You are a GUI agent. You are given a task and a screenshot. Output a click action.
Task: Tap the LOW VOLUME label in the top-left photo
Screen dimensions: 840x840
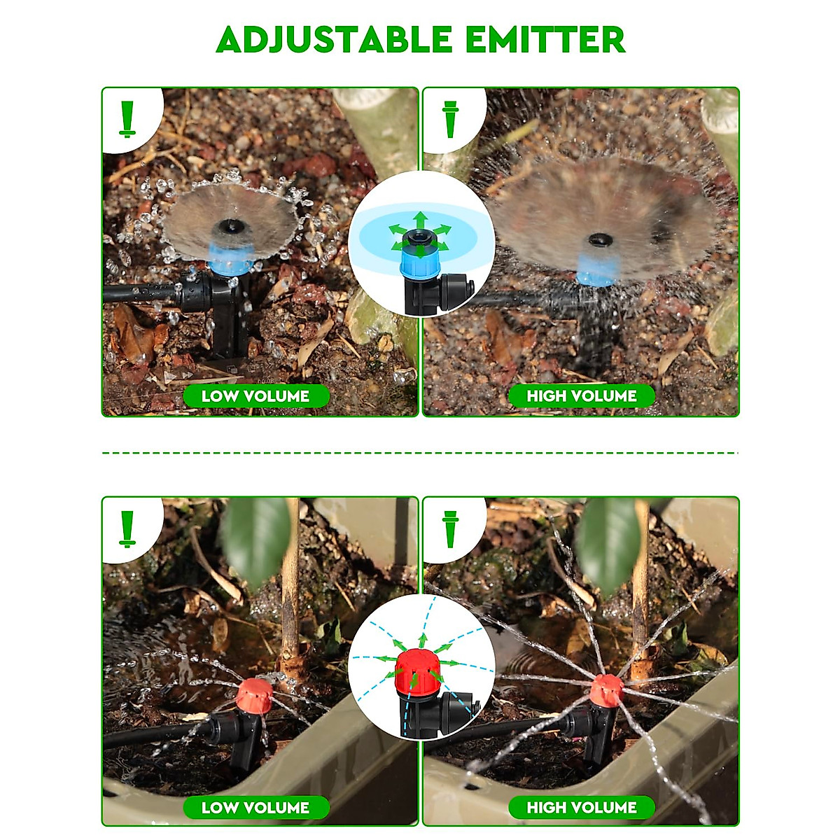[x=255, y=396]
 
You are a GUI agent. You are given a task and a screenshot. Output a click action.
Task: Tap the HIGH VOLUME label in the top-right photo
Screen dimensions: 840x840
[x=582, y=396]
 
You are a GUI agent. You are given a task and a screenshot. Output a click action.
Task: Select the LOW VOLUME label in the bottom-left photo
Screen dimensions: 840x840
[x=255, y=808]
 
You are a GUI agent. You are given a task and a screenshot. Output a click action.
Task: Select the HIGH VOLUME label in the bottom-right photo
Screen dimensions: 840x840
[x=582, y=808]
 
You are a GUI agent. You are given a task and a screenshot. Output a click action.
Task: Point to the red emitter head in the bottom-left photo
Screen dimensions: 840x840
[x=254, y=696]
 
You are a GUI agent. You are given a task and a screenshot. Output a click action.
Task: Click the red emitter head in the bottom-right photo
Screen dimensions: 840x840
[x=605, y=691]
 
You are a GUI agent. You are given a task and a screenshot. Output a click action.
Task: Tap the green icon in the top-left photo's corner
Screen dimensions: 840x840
[x=127, y=118]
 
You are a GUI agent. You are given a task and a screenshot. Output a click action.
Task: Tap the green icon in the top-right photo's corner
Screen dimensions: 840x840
[x=450, y=119]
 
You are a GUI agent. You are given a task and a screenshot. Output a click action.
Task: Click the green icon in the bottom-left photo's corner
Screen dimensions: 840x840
[x=127, y=528]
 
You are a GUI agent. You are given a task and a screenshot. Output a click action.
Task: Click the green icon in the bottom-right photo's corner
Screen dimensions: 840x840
[x=450, y=529]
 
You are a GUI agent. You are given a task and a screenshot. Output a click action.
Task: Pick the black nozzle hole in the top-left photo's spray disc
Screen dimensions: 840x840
[x=228, y=226]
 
